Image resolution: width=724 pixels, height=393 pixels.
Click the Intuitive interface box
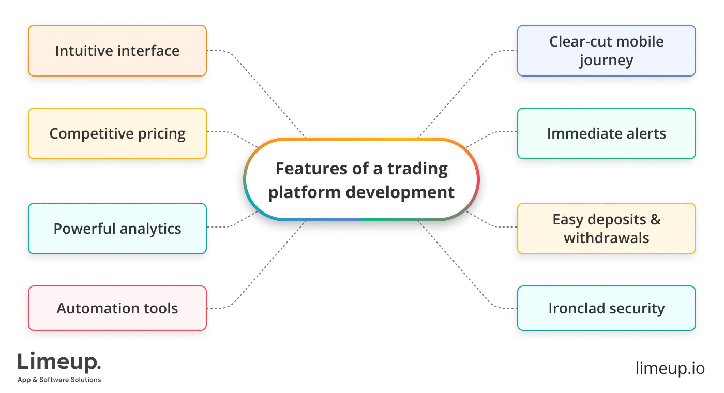(x=117, y=51)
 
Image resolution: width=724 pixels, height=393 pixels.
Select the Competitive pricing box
(x=117, y=133)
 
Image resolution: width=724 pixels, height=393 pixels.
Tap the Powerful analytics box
(x=117, y=229)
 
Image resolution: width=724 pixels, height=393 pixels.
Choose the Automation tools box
(x=117, y=308)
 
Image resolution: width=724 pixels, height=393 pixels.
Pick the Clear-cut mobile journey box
(x=606, y=51)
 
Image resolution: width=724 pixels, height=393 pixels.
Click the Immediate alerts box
(x=606, y=133)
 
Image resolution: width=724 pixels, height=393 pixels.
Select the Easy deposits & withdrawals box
(x=606, y=229)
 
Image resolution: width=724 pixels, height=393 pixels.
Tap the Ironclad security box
(x=606, y=308)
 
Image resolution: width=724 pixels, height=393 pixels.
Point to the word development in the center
(x=400, y=192)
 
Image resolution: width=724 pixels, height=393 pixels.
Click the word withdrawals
(x=606, y=238)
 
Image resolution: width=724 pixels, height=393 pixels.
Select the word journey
(x=606, y=61)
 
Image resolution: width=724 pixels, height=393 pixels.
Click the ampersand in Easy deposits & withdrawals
(x=655, y=219)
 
